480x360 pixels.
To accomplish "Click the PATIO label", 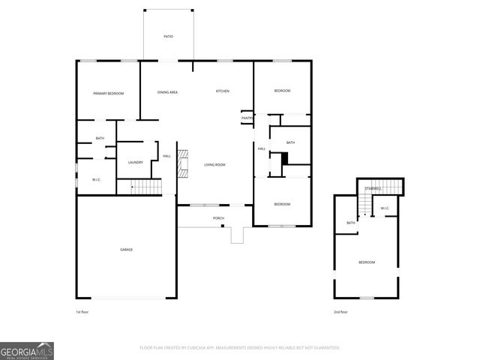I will click(x=169, y=36).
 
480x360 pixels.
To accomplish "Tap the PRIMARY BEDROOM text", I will click(x=108, y=93).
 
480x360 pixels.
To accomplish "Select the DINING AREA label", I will click(x=167, y=91).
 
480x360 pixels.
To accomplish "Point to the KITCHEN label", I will click(x=222, y=91).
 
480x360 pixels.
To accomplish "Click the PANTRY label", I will click(x=247, y=118).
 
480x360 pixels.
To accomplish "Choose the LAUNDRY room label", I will click(x=136, y=162).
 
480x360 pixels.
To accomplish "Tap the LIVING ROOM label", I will click(x=214, y=164).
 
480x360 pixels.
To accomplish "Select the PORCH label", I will click(x=218, y=218).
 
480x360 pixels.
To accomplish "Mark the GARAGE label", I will click(x=127, y=249).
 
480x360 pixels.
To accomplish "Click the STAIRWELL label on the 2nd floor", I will click(x=373, y=188).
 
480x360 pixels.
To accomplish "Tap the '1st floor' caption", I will click(x=83, y=311).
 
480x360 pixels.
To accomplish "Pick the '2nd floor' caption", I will click(x=340, y=311).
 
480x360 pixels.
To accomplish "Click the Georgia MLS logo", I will click(x=27, y=350).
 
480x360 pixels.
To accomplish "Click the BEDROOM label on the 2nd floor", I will click(x=366, y=262).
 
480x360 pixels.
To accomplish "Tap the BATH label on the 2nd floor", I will click(x=350, y=223).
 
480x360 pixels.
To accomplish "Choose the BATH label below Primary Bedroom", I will click(x=100, y=138).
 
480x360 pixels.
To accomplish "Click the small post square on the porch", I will click(x=223, y=226).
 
